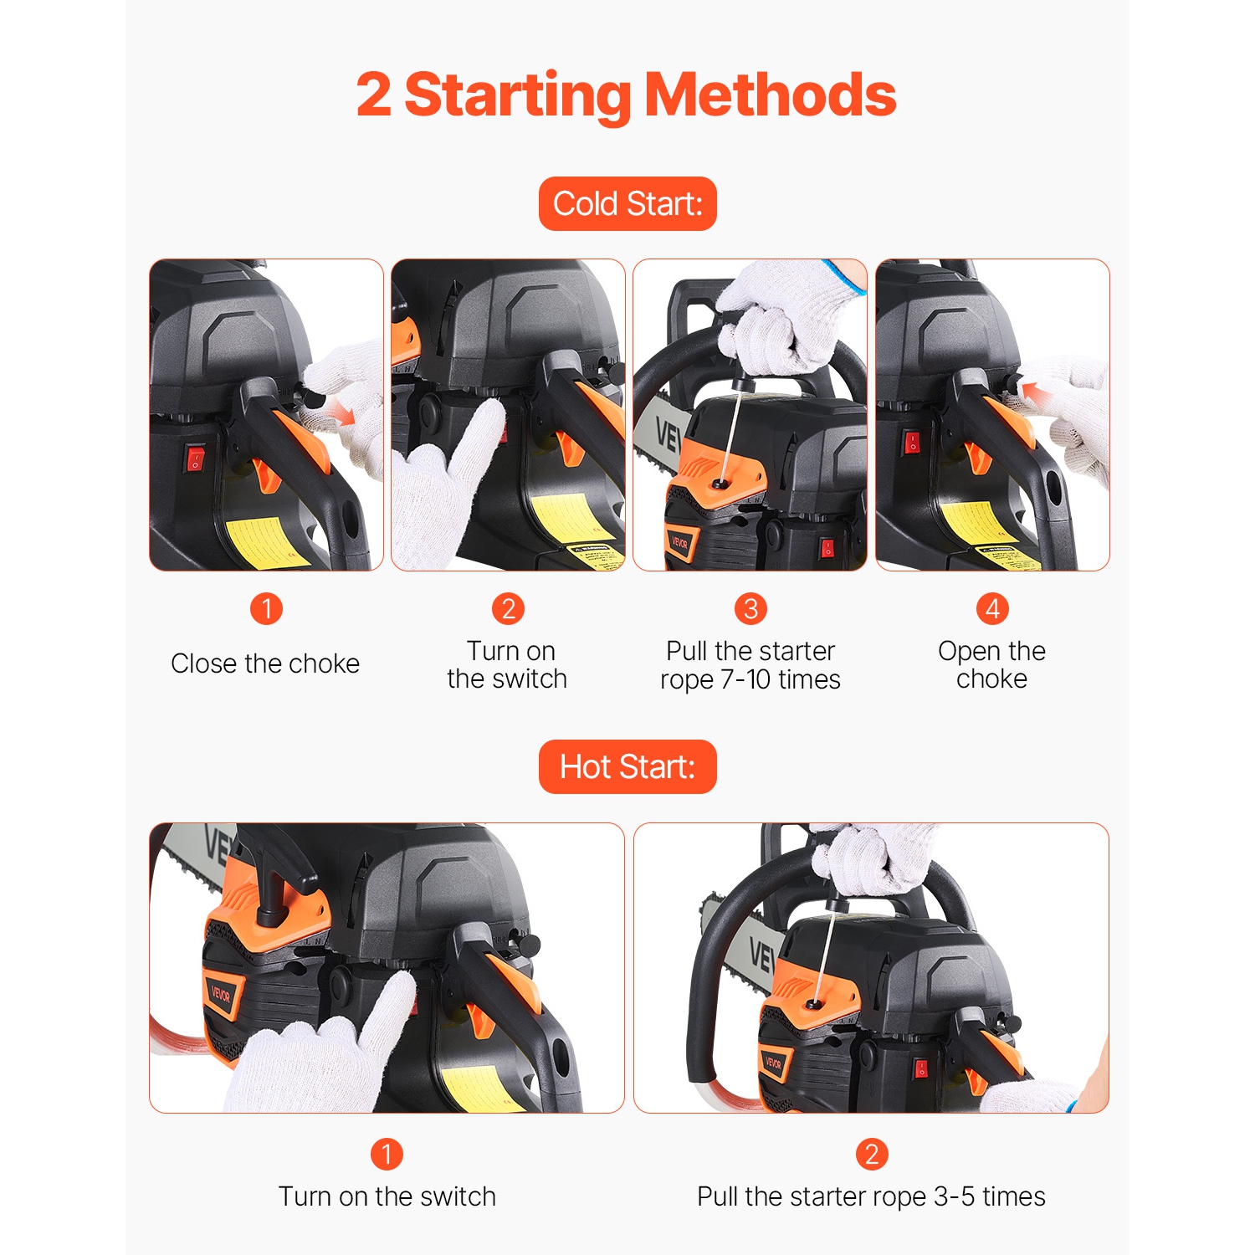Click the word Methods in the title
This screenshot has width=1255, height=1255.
[x=770, y=95]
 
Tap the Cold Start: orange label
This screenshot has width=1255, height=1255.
[x=627, y=203]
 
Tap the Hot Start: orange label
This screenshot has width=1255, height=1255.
[x=627, y=766]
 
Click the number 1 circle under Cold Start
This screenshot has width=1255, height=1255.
[x=266, y=608]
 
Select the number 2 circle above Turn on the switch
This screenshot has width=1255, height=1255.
[x=508, y=608]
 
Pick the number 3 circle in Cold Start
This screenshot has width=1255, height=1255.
[x=750, y=608]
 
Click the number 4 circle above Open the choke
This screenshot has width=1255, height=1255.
[x=992, y=608]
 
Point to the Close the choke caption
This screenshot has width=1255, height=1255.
[x=265, y=663]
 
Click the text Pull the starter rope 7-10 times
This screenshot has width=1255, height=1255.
[x=750, y=665]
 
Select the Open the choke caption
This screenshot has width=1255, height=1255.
[x=991, y=665]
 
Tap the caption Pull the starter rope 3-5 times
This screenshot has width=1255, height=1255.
[x=871, y=1196]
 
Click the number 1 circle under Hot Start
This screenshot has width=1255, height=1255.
[x=387, y=1154]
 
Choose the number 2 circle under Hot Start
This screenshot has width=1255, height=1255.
[x=871, y=1154]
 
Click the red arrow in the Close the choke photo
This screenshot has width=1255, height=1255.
[x=339, y=411]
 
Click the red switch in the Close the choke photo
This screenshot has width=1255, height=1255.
[x=195, y=458]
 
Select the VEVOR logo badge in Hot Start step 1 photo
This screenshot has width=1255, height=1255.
[x=222, y=995]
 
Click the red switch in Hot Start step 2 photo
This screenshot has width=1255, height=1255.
[x=921, y=1068]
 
